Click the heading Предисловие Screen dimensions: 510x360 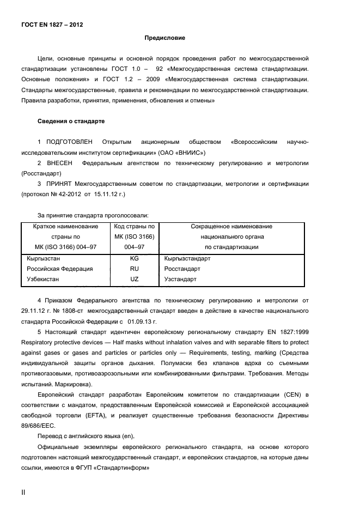164,38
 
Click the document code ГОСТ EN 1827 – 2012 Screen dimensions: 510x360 52,25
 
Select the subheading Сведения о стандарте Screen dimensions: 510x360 71,120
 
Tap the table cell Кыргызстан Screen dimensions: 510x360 44,259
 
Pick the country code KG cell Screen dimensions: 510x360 135,259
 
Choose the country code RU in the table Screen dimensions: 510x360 135,269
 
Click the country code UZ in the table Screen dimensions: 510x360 135,280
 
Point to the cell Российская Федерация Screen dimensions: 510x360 60,269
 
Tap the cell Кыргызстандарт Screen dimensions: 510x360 187,259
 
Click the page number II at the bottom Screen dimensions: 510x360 23,492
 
